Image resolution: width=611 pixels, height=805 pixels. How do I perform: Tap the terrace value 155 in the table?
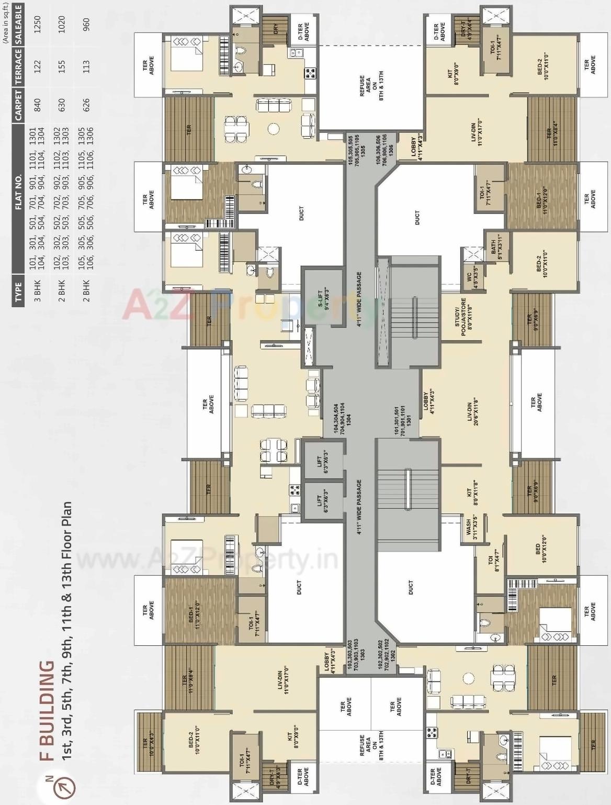(62, 65)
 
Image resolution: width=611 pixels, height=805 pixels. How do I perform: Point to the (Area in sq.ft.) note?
(5, 21)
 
